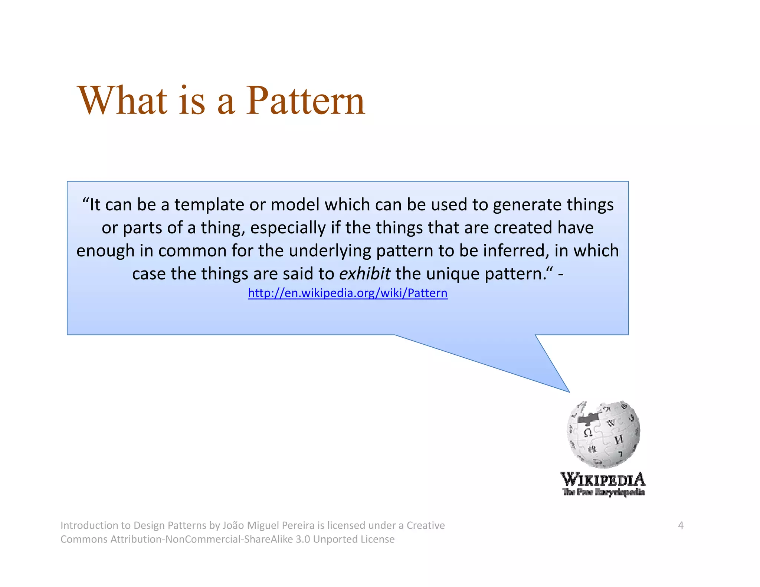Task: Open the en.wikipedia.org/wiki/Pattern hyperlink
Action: click(x=348, y=293)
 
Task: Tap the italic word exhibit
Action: click(x=364, y=274)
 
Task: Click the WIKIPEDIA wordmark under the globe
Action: click(x=603, y=479)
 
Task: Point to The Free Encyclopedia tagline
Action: click(x=603, y=492)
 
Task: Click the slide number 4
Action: click(x=681, y=525)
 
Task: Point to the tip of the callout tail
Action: click(x=569, y=391)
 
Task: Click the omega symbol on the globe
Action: click(x=588, y=433)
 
